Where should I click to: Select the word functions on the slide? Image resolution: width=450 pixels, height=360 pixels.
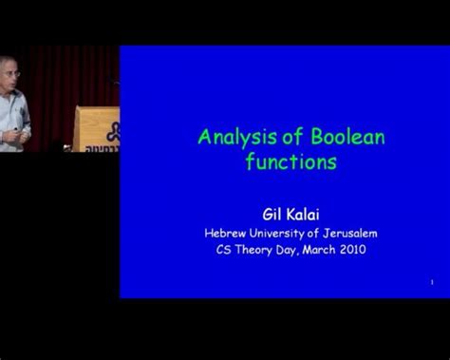(291, 161)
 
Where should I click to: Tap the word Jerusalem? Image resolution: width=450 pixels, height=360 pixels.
(351, 232)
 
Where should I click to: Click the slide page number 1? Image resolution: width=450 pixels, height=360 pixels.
(431, 281)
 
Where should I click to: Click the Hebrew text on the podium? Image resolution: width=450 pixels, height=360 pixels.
(101, 148)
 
